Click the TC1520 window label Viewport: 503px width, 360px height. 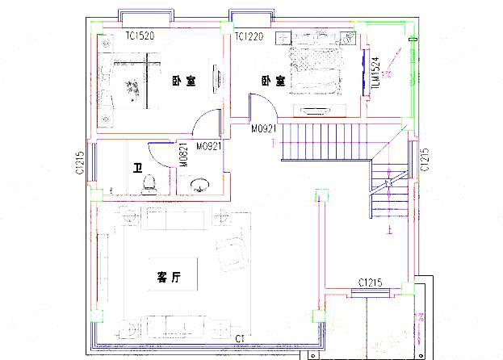click(x=140, y=36)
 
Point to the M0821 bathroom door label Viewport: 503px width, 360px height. click(x=184, y=157)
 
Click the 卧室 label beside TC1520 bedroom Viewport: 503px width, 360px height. click(x=184, y=82)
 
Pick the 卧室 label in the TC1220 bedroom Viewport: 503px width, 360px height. click(x=272, y=81)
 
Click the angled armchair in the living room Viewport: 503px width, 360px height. click(x=230, y=249)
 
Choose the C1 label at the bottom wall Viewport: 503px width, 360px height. click(x=239, y=337)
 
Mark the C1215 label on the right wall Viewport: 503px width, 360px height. click(x=425, y=161)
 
